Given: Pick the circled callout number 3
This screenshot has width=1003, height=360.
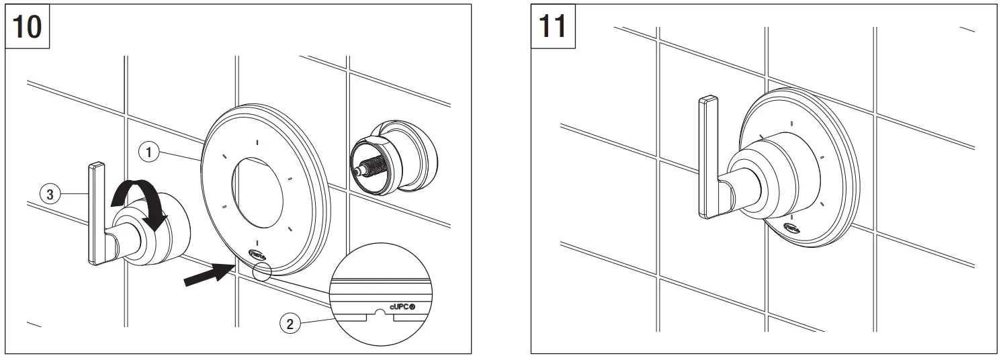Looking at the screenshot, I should pyautogui.click(x=48, y=195).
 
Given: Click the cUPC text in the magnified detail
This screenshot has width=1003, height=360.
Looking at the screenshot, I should pyautogui.click(x=403, y=304).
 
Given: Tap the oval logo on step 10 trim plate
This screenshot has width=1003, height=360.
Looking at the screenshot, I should pyautogui.click(x=257, y=255).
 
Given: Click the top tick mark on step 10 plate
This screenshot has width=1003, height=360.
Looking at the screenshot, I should pyautogui.click(x=257, y=141).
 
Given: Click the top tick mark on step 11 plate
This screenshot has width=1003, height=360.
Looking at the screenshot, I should pyautogui.click(x=793, y=124).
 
